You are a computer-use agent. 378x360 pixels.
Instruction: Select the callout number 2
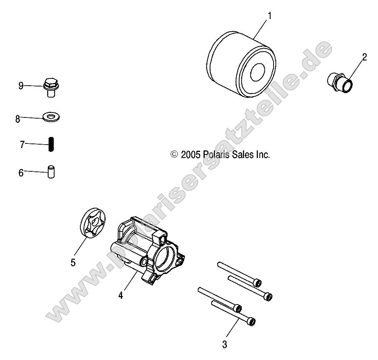(364, 57)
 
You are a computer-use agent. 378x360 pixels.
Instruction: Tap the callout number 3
(225, 344)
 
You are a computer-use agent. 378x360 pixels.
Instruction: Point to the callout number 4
(121, 295)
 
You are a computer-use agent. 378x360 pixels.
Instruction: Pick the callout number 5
(73, 263)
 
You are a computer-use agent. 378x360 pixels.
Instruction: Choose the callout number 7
(22, 145)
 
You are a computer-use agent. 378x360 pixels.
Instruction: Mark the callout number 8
(18, 119)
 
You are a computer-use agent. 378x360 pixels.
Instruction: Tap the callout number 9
(21, 86)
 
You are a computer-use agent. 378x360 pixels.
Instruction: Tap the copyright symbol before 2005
(174, 155)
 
